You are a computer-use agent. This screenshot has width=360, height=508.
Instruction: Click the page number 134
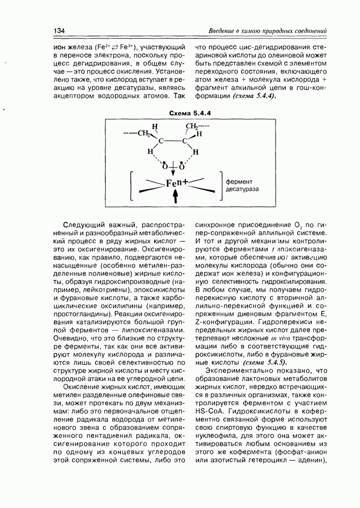coord(59,31)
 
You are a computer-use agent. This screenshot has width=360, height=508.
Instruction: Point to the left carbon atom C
coord(161,142)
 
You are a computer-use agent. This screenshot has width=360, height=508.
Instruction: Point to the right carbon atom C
coord(185,142)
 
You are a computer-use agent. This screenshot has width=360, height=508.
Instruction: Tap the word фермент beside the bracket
coord(239,181)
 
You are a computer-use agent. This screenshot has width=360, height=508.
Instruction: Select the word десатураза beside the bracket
coord(243,189)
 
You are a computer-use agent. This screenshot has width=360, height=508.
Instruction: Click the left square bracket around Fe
coord(133,186)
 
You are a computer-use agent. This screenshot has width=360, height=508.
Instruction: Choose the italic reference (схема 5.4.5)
coord(265,363)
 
